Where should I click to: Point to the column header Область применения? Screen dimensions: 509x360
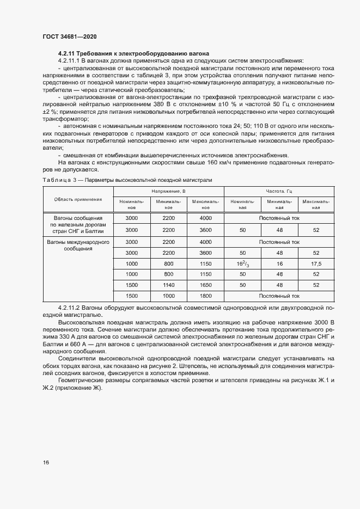pos(78,199)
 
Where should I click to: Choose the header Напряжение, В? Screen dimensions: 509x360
pos(168,192)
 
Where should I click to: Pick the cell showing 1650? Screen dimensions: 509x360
pos(205,285)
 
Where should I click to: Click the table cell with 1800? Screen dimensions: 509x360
pos(205,296)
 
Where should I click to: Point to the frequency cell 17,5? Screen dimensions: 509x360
pos(316,263)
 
